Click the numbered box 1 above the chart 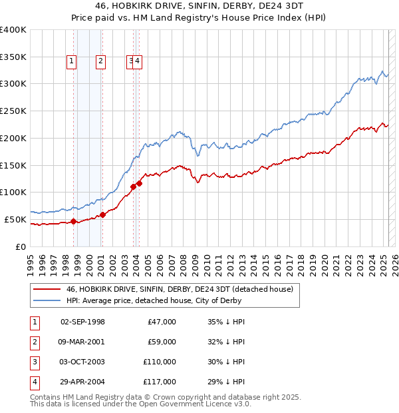tap(72, 62)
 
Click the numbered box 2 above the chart tap(100, 62)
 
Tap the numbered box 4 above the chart tap(138, 62)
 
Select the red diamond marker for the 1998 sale tap(73, 221)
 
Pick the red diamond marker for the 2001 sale tap(102, 214)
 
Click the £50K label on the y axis tap(15, 219)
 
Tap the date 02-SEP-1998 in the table tap(82, 322)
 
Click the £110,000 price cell tap(160, 362)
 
